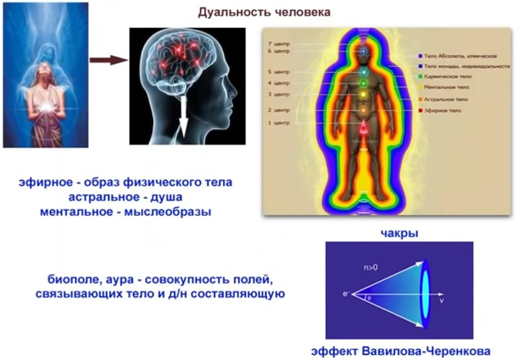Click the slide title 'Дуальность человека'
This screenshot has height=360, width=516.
[264, 13]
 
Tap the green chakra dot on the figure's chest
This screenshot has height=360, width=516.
[363, 83]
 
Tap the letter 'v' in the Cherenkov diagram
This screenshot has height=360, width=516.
[441, 300]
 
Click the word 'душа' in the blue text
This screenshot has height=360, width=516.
[166, 197]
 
